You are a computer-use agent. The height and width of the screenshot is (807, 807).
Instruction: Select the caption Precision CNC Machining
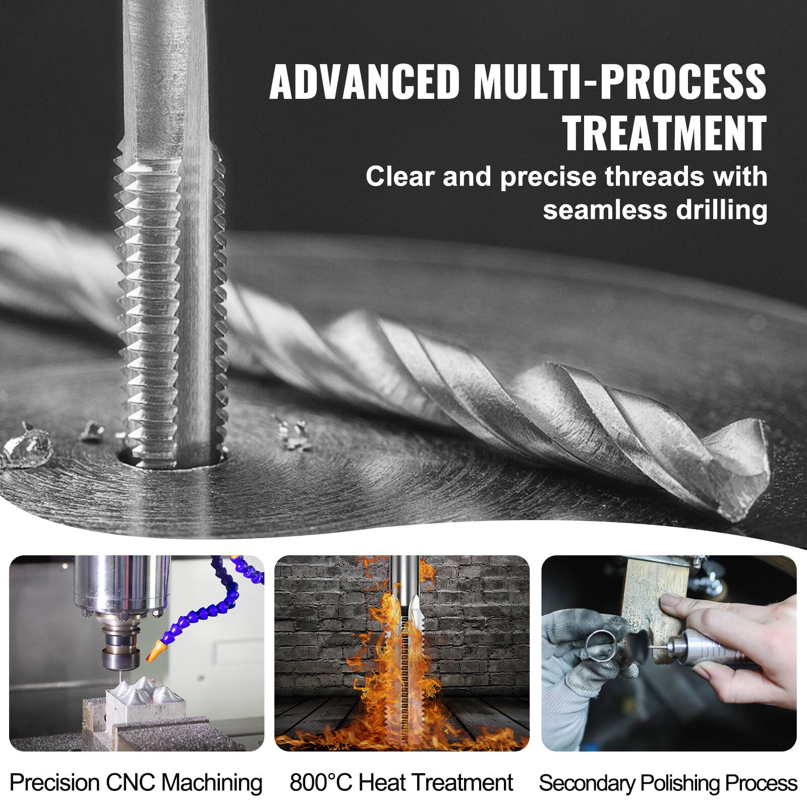pos(136,783)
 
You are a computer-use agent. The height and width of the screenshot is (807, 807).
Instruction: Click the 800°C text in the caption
pos(321,783)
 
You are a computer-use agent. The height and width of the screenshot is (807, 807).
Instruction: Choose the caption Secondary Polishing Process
pos(668,783)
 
